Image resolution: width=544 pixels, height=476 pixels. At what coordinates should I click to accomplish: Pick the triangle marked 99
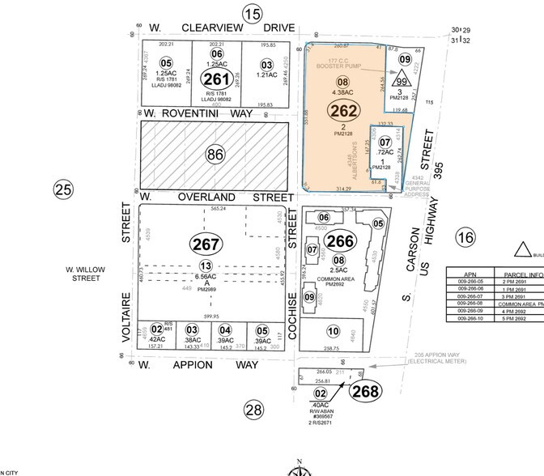(x=399, y=82)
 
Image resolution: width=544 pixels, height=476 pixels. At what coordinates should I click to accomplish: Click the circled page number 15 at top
(x=253, y=13)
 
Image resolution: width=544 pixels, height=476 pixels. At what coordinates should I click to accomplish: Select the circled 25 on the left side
(x=63, y=189)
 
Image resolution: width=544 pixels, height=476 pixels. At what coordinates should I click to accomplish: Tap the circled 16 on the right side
(x=465, y=237)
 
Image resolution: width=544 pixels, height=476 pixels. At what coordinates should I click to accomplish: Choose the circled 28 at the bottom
(x=254, y=410)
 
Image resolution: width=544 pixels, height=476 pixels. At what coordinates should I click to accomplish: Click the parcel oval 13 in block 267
(x=207, y=266)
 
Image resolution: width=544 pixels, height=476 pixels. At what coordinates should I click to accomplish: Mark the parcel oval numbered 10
(x=332, y=330)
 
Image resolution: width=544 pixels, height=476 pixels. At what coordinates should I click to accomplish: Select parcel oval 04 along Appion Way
(x=226, y=330)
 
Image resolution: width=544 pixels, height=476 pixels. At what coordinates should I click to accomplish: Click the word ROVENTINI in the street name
(x=199, y=115)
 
